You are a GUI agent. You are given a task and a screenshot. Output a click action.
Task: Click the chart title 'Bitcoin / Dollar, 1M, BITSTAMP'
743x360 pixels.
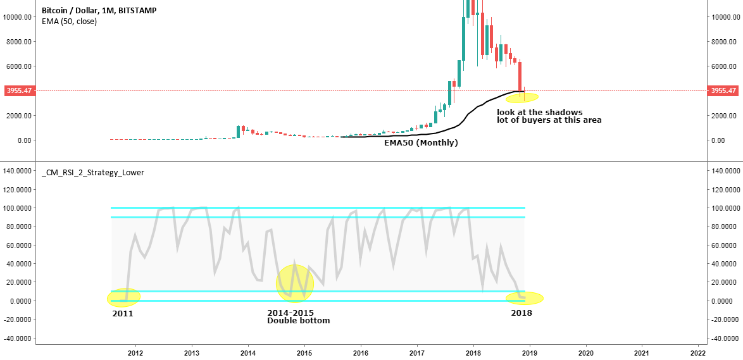coord(99,11)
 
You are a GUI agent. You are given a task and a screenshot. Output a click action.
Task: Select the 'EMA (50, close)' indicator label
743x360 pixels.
coord(69,22)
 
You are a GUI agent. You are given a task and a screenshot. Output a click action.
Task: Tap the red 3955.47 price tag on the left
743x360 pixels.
coord(19,91)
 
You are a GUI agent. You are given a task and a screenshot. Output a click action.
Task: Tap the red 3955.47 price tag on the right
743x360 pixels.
coord(723,91)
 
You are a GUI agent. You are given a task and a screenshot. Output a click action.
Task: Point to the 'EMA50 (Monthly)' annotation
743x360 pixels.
coord(421,144)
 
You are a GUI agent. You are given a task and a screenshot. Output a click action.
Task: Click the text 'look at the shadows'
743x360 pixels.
coord(539,113)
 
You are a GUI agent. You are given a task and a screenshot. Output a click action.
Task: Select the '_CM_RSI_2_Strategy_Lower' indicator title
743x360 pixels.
coord(92,172)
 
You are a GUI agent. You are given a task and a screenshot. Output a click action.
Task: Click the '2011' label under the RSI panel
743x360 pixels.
coord(123,313)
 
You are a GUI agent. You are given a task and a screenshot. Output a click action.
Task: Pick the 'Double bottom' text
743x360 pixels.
coord(298,321)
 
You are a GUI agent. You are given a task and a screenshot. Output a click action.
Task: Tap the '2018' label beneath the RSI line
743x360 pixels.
coord(521,313)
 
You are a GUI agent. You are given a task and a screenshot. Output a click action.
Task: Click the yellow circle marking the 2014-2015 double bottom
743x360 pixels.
coord(295,283)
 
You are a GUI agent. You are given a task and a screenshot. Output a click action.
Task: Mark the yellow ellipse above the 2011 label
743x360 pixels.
coord(123,297)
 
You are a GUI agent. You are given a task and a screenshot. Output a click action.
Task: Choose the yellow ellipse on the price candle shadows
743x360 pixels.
coord(521,97)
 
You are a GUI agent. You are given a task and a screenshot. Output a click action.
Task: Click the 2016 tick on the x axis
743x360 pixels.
coord(360,352)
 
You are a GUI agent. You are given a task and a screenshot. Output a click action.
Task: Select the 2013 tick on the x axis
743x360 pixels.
coord(192,352)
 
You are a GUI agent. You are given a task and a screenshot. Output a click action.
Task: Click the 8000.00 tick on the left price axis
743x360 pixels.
coord(18,42)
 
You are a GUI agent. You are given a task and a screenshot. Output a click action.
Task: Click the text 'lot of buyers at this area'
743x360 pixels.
coord(549,120)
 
